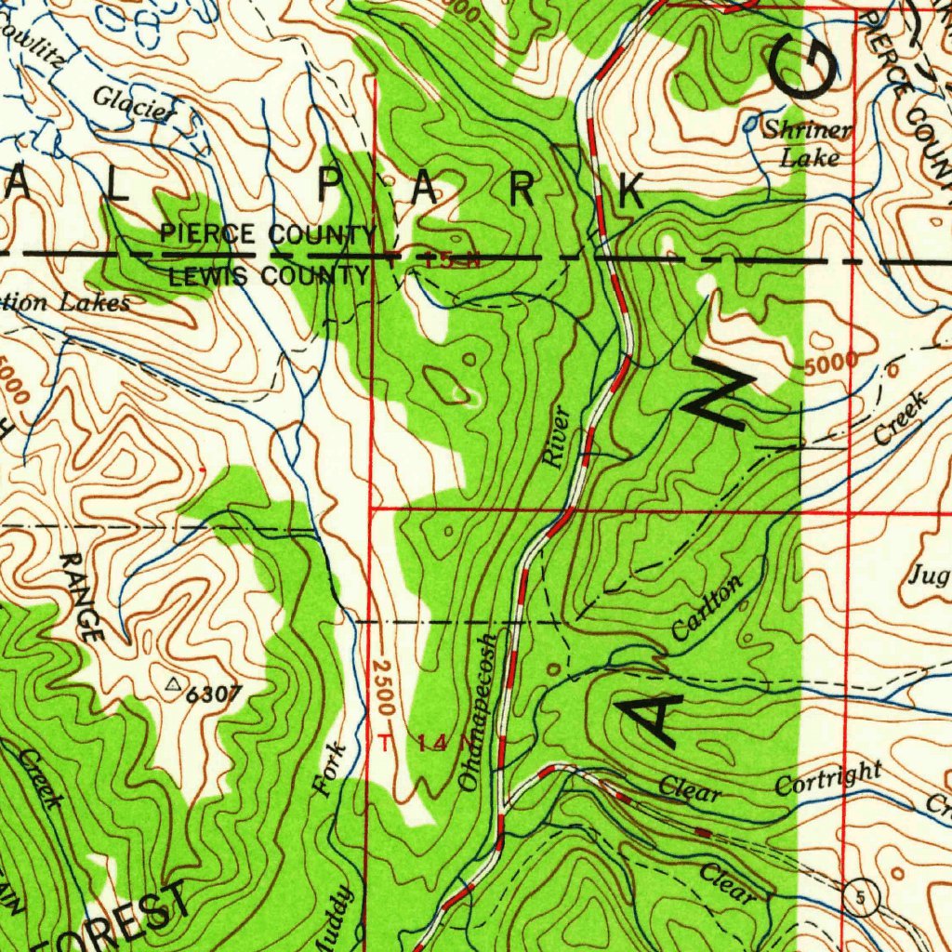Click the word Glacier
(134, 104)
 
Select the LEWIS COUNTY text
(268, 276)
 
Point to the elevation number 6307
(214, 694)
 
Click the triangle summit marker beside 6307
(172, 685)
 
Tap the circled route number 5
(864, 896)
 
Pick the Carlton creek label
(708, 609)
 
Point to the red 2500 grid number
(384, 688)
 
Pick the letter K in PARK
(630, 192)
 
